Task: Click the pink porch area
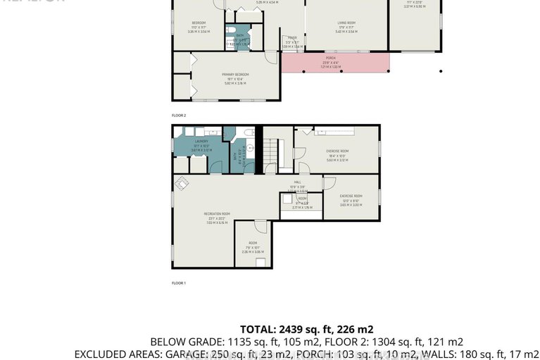pos(335,63)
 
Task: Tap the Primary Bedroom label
pos(235,77)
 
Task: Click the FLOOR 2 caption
pos(179,115)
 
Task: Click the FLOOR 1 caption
pos(179,283)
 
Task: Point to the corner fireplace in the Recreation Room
pos(181,182)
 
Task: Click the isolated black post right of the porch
pos(441,70)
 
